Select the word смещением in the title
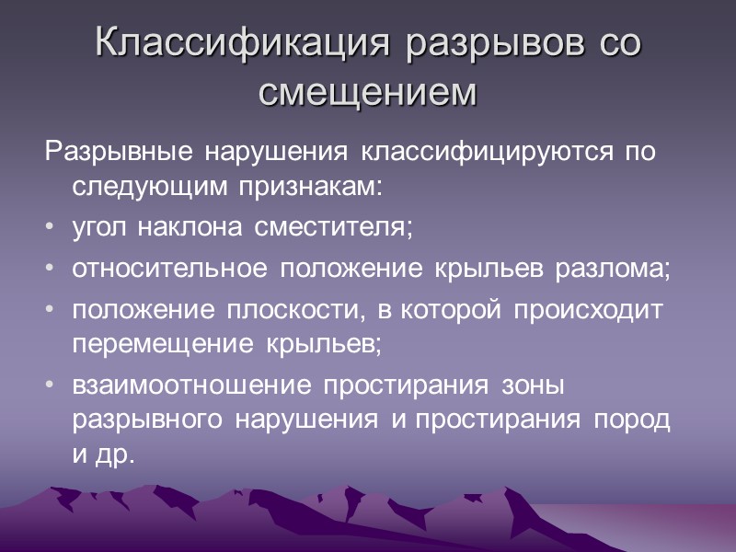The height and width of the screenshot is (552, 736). tap(367, 91)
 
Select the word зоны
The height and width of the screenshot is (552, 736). tap(534, 387)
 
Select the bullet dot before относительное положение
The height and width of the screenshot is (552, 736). tap(49, 270)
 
